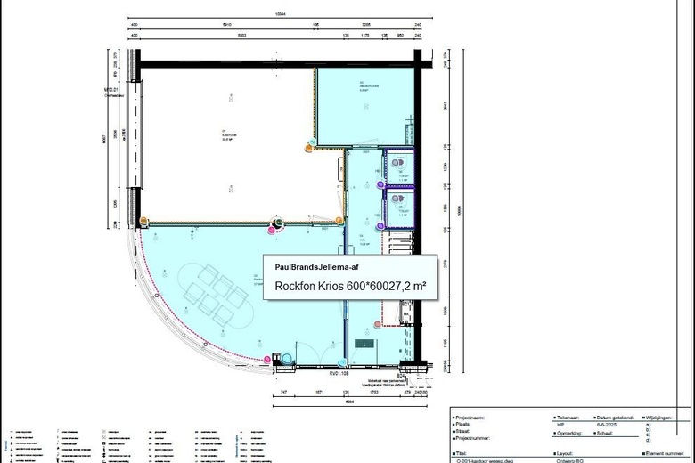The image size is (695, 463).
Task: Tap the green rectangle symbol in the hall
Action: pos(364,343)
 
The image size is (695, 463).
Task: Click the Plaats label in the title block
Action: pos(464,424)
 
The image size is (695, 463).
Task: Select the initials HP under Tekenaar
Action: pos(560,424)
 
